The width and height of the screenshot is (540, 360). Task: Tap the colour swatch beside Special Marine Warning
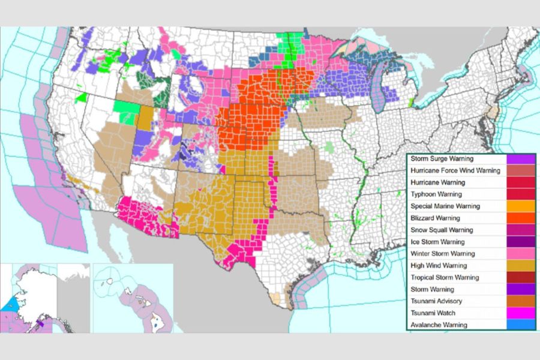click(520, 206)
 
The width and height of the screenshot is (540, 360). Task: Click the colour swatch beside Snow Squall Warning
click(520, 230)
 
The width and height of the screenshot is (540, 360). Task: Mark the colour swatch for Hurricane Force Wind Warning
click(520, 171)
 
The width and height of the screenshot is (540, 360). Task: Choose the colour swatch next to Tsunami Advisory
click(520, 301)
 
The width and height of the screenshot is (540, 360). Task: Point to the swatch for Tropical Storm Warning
click(520, 277)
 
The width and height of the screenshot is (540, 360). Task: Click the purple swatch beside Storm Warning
click(520, 289)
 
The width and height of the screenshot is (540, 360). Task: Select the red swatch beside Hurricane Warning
click(520, 183)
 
